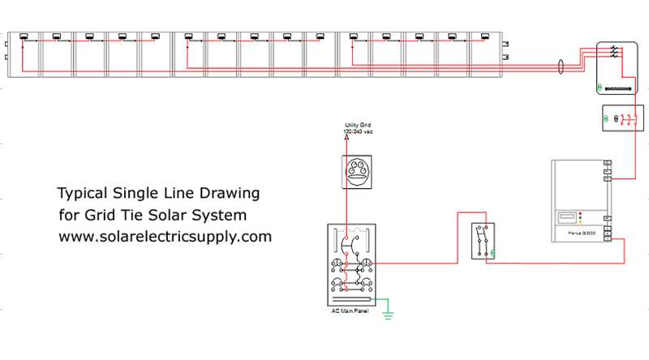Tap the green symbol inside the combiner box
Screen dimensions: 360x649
(x=600, y=87)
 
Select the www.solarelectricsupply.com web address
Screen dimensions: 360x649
(x=165, y=237)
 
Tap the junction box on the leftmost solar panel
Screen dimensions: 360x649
(x=24, y=36)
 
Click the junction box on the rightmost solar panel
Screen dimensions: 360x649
(x=484, y=36)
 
